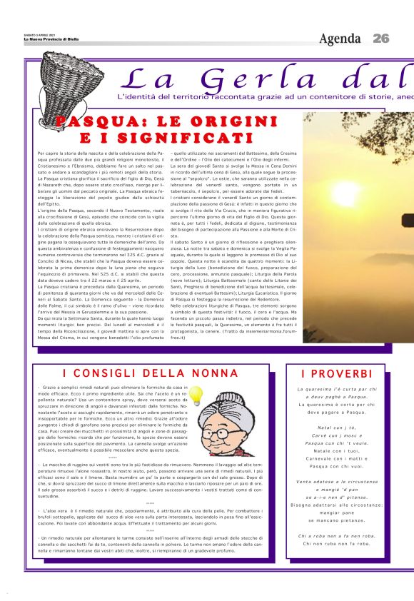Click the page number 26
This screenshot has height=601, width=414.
point(381,38)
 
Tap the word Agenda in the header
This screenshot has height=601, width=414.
point(340,38)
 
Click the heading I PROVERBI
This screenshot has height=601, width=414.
point(337,373)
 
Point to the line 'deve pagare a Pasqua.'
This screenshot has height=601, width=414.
point(338,412)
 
